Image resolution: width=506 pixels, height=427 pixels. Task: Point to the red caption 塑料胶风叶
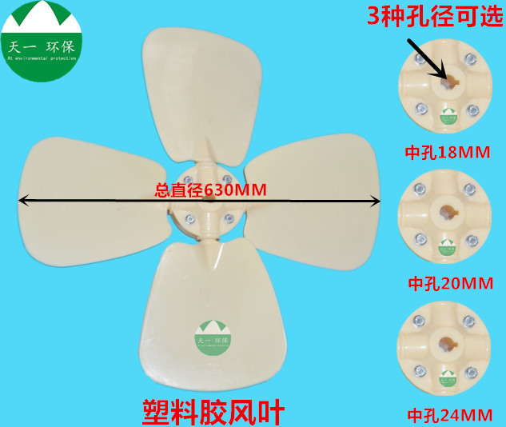[x=213, y=410]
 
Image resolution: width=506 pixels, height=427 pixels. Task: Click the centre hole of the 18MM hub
[x=446, y=80]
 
